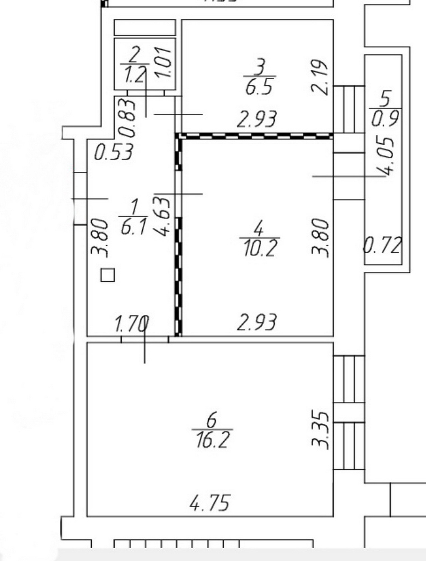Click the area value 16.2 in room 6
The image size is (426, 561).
point(213,440)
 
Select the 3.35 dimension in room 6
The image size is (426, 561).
point(320,430)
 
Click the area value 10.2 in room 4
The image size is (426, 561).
point(261,248)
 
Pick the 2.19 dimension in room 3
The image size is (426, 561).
point(320,77)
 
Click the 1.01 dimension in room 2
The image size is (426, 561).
point(163,62)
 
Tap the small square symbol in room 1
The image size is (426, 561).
point(108,275)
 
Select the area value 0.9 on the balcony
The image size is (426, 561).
point(385,118)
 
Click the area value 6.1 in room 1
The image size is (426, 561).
point(134,226)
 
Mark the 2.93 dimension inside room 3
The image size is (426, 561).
point(257,119)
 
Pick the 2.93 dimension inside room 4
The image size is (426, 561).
point(257,323)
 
